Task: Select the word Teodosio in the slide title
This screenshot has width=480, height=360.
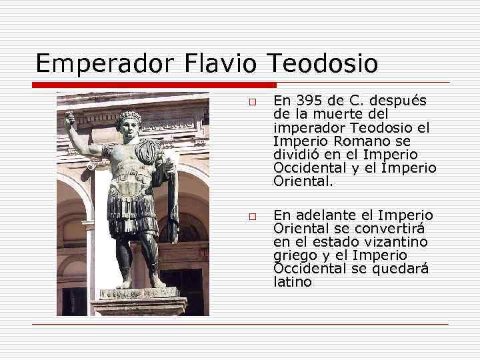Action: [322, 64]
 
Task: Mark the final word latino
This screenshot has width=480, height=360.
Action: [293, 282]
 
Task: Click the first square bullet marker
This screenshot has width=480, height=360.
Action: [253, 102]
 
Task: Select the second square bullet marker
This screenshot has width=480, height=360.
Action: [253, 217]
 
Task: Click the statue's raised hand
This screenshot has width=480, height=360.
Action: [69, 120]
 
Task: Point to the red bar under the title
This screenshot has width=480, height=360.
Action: [153, 85]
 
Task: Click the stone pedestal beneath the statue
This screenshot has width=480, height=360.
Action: [139, 303]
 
